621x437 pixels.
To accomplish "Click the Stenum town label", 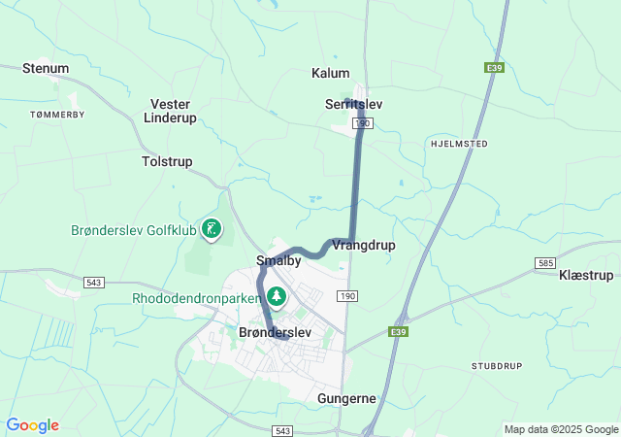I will pyautogui.click(x=46, y=69).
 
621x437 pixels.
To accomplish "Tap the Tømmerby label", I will pyautogui.click(x=58, y=114).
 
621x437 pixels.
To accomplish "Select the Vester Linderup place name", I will pyautogui.click(x=170, y=111).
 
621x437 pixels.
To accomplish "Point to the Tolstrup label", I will pyautogui.click(x=167, y=161).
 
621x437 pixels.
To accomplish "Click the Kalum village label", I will pyautogui.click(x=330, y=73).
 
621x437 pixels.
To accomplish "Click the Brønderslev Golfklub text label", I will pyautogui.click(x=133, y=230).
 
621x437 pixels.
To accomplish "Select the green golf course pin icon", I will pyautogui.click(x=212, y=229).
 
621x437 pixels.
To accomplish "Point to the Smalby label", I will pyautogui.click(x=278, y=260).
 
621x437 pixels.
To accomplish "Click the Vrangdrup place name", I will pyautogui.click(x=364, y=245).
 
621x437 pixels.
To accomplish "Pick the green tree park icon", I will pyautogui.click(x=278, y=295).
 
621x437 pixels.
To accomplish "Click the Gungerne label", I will pyautogui.click(x=346, y=398).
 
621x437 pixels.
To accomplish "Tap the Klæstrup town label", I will pyautogui.click(x=586, y=276).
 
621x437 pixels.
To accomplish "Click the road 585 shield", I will pyautogui.click(x=545, y=263).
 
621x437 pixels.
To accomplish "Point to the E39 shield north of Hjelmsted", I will pyautogui.click(x=494, y=67).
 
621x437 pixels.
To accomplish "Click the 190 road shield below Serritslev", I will pyautogui.click(x=363, y=123).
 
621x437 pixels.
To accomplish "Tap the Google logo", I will pyautogui.click(x=32, y=425).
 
